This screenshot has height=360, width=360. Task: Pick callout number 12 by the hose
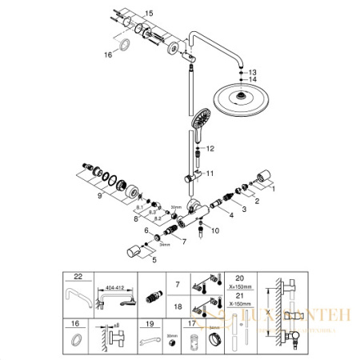click(x=211, y=149)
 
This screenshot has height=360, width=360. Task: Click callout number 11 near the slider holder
click(x=210, y=173)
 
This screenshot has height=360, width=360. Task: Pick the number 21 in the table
click(x=230, y=294)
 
